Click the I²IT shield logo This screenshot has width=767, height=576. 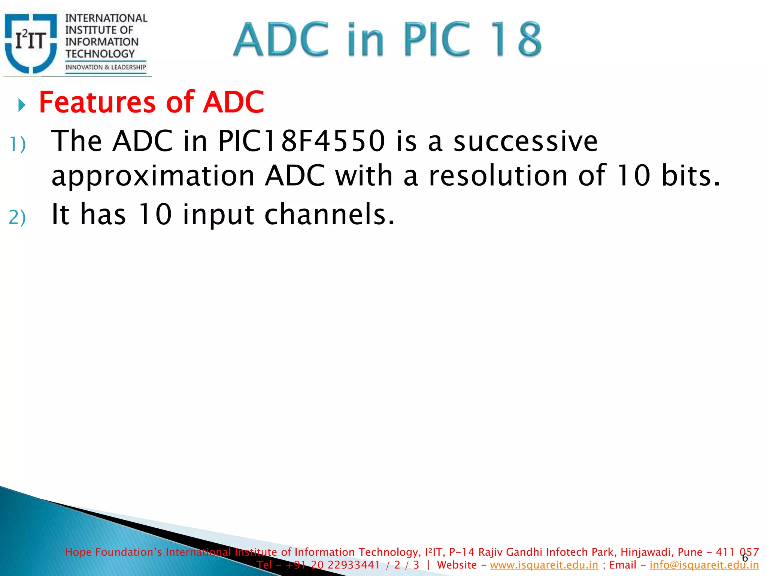click(31, 43)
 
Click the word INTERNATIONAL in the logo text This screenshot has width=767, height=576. click(106, 18)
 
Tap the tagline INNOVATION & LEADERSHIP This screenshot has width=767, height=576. click(105, 67)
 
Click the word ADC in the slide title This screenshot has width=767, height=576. click(281, 40)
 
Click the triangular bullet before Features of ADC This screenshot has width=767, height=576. click(22, 105)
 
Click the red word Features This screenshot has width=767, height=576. click(97, 102)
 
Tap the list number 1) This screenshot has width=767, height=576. click(18, 145)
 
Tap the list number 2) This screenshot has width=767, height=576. click(17, 218)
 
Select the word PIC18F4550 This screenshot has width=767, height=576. click(301, 141)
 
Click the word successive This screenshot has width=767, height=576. click(525, 141)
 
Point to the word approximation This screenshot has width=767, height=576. click(153, 176)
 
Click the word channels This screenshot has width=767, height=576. click(329, 214)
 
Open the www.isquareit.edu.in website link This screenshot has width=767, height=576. click(544, 565)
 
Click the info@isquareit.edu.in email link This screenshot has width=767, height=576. click(704, 565)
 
